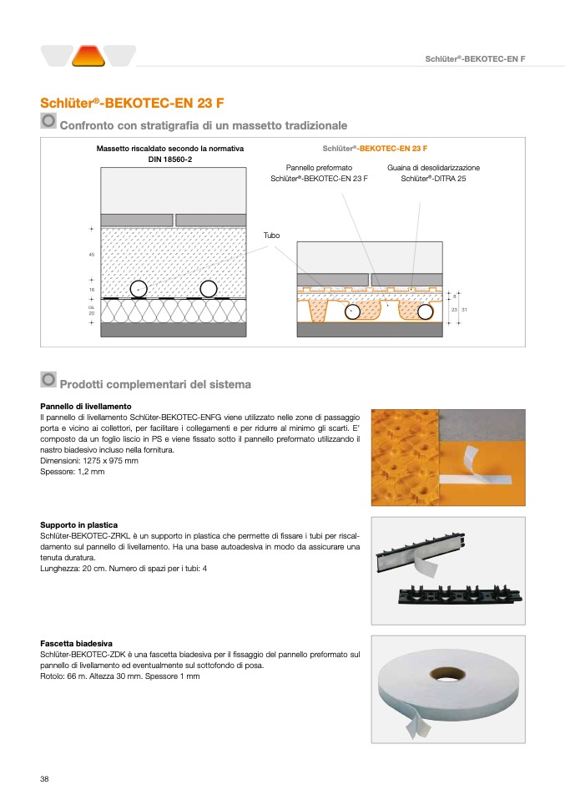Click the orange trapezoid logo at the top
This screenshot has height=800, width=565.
(x=88, y=56)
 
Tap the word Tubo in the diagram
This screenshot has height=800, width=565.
(x=272, y=235)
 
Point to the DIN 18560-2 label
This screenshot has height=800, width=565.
(x=170, y=159)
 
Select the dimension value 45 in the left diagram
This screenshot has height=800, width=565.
(x=91, y=254)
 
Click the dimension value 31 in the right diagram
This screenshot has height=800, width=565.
(x=465, y=310)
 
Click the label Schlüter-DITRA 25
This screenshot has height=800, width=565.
(x=433, y=178)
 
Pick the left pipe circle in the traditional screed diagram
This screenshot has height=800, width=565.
(x=139, y=289)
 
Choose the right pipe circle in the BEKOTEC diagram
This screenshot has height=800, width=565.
(x=426, y=312)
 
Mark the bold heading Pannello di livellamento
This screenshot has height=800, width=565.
(x=85, y=406)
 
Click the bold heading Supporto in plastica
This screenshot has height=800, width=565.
(x=78, y=525)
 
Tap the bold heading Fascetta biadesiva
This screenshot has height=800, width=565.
(x=77, y=644)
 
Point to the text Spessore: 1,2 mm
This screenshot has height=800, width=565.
(x=73, y=472)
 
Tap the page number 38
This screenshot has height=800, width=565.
(x=45, y=778)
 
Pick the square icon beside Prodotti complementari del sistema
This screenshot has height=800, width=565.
(x=48, y=380)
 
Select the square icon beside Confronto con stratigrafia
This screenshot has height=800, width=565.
(x=48, y=122)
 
